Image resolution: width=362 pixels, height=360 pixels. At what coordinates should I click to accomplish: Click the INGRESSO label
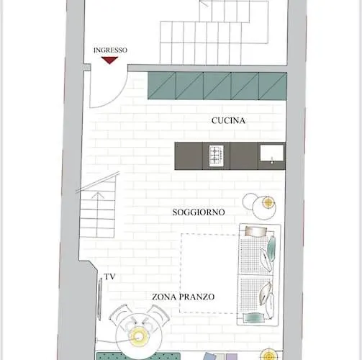(110, 50)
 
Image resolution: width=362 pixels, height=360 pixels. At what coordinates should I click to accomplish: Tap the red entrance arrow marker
(109, 60)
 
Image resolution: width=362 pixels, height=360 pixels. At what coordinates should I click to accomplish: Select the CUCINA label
(228, 120)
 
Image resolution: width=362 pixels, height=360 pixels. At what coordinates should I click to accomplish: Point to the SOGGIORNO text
(199, 212)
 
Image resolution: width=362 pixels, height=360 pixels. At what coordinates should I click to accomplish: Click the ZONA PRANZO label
(184, 297)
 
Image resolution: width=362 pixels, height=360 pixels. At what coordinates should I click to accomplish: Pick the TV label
(110, 276)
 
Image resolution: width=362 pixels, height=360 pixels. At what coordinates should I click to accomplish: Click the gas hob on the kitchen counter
(217, 156)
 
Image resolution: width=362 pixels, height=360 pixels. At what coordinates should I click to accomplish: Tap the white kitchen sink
(272, 153)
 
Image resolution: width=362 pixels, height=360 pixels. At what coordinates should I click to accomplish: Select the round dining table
(138, 337)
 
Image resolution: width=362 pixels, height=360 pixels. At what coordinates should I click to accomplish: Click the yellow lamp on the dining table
(137, 337)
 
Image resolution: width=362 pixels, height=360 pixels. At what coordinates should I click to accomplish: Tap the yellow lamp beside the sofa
(268, 203)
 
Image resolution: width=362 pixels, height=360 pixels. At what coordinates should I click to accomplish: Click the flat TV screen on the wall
(100, 300)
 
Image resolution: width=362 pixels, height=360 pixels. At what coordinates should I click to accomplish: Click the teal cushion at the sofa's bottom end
(254, 318)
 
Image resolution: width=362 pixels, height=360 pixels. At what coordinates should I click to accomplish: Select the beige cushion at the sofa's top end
(256, 231)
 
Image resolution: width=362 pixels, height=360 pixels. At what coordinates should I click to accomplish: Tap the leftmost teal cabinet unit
(162, 86)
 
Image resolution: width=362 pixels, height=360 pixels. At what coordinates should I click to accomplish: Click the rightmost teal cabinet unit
(273, 86)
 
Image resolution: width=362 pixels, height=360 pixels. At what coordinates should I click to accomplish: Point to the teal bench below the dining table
(138, 356)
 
